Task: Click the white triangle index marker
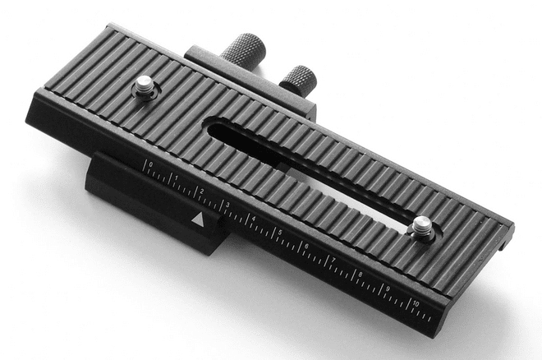tap(197, 219)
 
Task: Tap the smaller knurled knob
tap(298, 80)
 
